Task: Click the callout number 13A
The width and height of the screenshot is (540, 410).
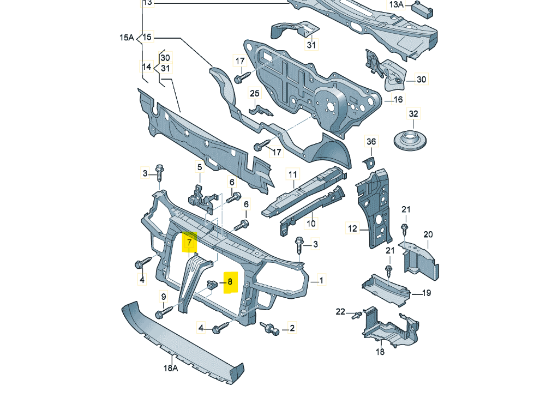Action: [395, 5]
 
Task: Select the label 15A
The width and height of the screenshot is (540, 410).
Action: [127, 38]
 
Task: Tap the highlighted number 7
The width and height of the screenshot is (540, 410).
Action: [189, 241]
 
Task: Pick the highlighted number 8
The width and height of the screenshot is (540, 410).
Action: [230, 282]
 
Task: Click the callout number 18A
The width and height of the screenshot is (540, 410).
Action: [171, 369]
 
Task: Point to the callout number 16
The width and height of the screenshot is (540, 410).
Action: [398, 100]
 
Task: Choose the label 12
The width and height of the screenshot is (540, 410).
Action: [352, 228]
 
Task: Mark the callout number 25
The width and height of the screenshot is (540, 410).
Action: [255, 94]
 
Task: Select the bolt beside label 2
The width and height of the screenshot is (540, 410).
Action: [270, 328]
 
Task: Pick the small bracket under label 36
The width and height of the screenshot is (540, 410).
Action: [370, 162]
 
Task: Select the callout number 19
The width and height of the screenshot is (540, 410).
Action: [427, 293]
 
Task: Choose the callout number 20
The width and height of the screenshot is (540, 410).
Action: [428, 234]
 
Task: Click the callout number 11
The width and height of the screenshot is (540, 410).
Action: [293, 174]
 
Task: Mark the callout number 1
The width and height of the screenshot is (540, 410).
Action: [322, 281]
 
